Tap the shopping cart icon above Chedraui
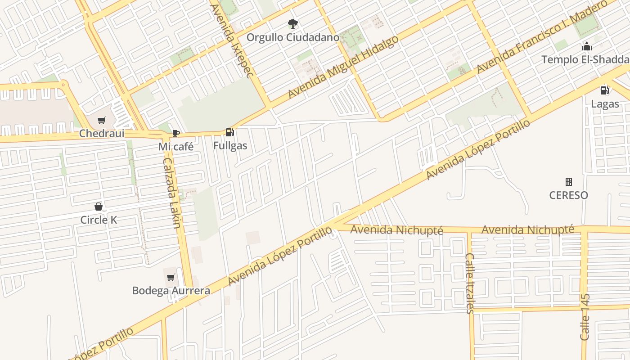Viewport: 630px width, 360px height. point(102,120)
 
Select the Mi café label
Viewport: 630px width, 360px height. point(176,147)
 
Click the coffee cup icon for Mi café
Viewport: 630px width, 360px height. point(176,133)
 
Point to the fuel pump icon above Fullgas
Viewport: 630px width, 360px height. point(230,132)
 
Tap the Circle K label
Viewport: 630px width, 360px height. point(99,220)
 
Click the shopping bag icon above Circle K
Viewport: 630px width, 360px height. point(99,207)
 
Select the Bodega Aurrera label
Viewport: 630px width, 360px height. point(171,291)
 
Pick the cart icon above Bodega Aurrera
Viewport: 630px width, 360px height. point(171,277)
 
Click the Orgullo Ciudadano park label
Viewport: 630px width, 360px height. point(292,37)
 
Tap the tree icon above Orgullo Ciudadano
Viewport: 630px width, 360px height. point(293,23)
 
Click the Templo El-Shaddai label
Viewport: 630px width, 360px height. point(585,59)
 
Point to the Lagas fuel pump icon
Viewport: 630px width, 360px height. point(605,90)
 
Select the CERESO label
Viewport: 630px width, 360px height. point(569,195)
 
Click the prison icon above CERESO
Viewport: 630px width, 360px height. point(569,182)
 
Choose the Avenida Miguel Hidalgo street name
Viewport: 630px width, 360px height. point(343,67)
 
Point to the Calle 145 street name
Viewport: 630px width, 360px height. point(585,317)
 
